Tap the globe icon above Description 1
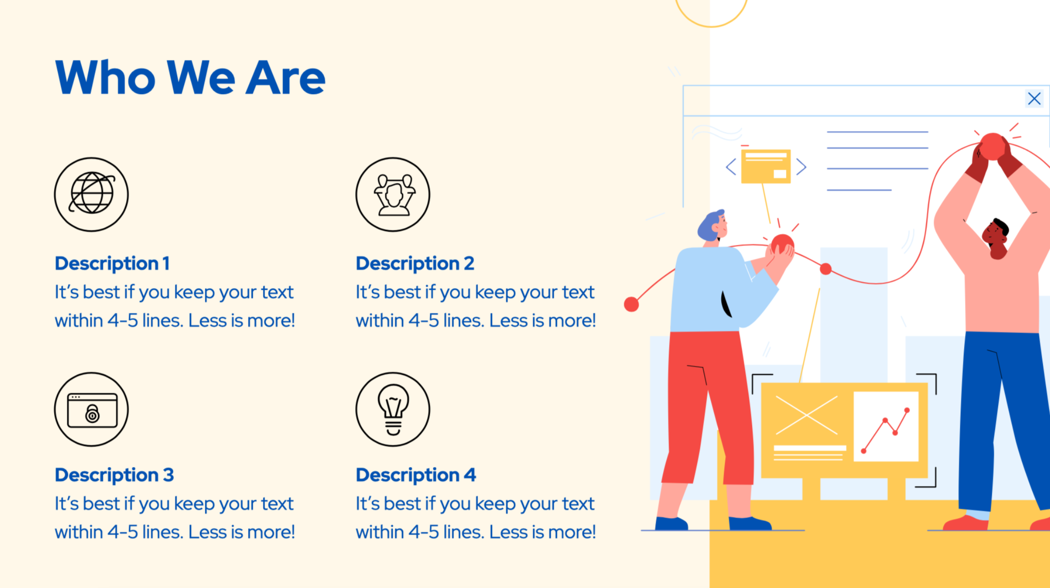[91, 194]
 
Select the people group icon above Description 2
[393, 194]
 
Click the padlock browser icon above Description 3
[91, 409]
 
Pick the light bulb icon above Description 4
[393, 409]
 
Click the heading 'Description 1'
[112, 264]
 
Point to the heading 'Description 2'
[415, 264]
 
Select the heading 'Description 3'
[114, 475]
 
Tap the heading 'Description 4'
[416, 475]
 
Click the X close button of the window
[1034, 99]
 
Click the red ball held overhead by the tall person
[992, 146]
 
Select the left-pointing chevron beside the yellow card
[731, 167]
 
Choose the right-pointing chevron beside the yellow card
[801, 167]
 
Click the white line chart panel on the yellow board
[886, 426]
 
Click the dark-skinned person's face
[995, 236]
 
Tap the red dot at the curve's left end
[631, 304]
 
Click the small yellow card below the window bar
[766, 166]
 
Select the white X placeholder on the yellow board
[806, 415]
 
